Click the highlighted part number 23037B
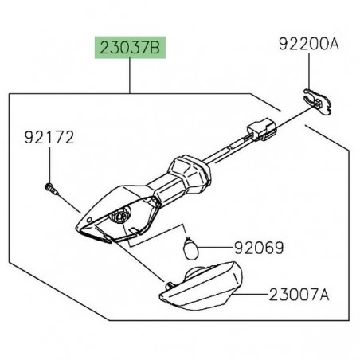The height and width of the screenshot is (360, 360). point(129,49)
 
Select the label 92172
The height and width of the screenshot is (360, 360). point(46,138)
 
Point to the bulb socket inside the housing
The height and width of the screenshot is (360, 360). point(124,216)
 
